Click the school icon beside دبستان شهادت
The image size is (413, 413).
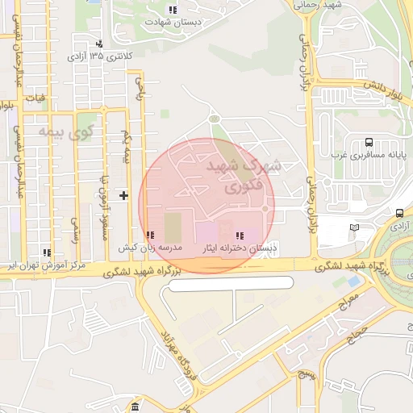coord(172,10)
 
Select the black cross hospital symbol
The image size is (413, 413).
coord(123,194)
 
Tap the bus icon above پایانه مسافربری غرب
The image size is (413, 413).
coord(368,140)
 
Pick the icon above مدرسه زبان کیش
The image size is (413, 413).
coord(151,234)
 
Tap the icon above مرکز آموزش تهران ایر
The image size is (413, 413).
coord(46,252)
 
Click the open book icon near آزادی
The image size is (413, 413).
coord(354,228)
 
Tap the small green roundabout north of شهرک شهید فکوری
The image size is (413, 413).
coord(214,119)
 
